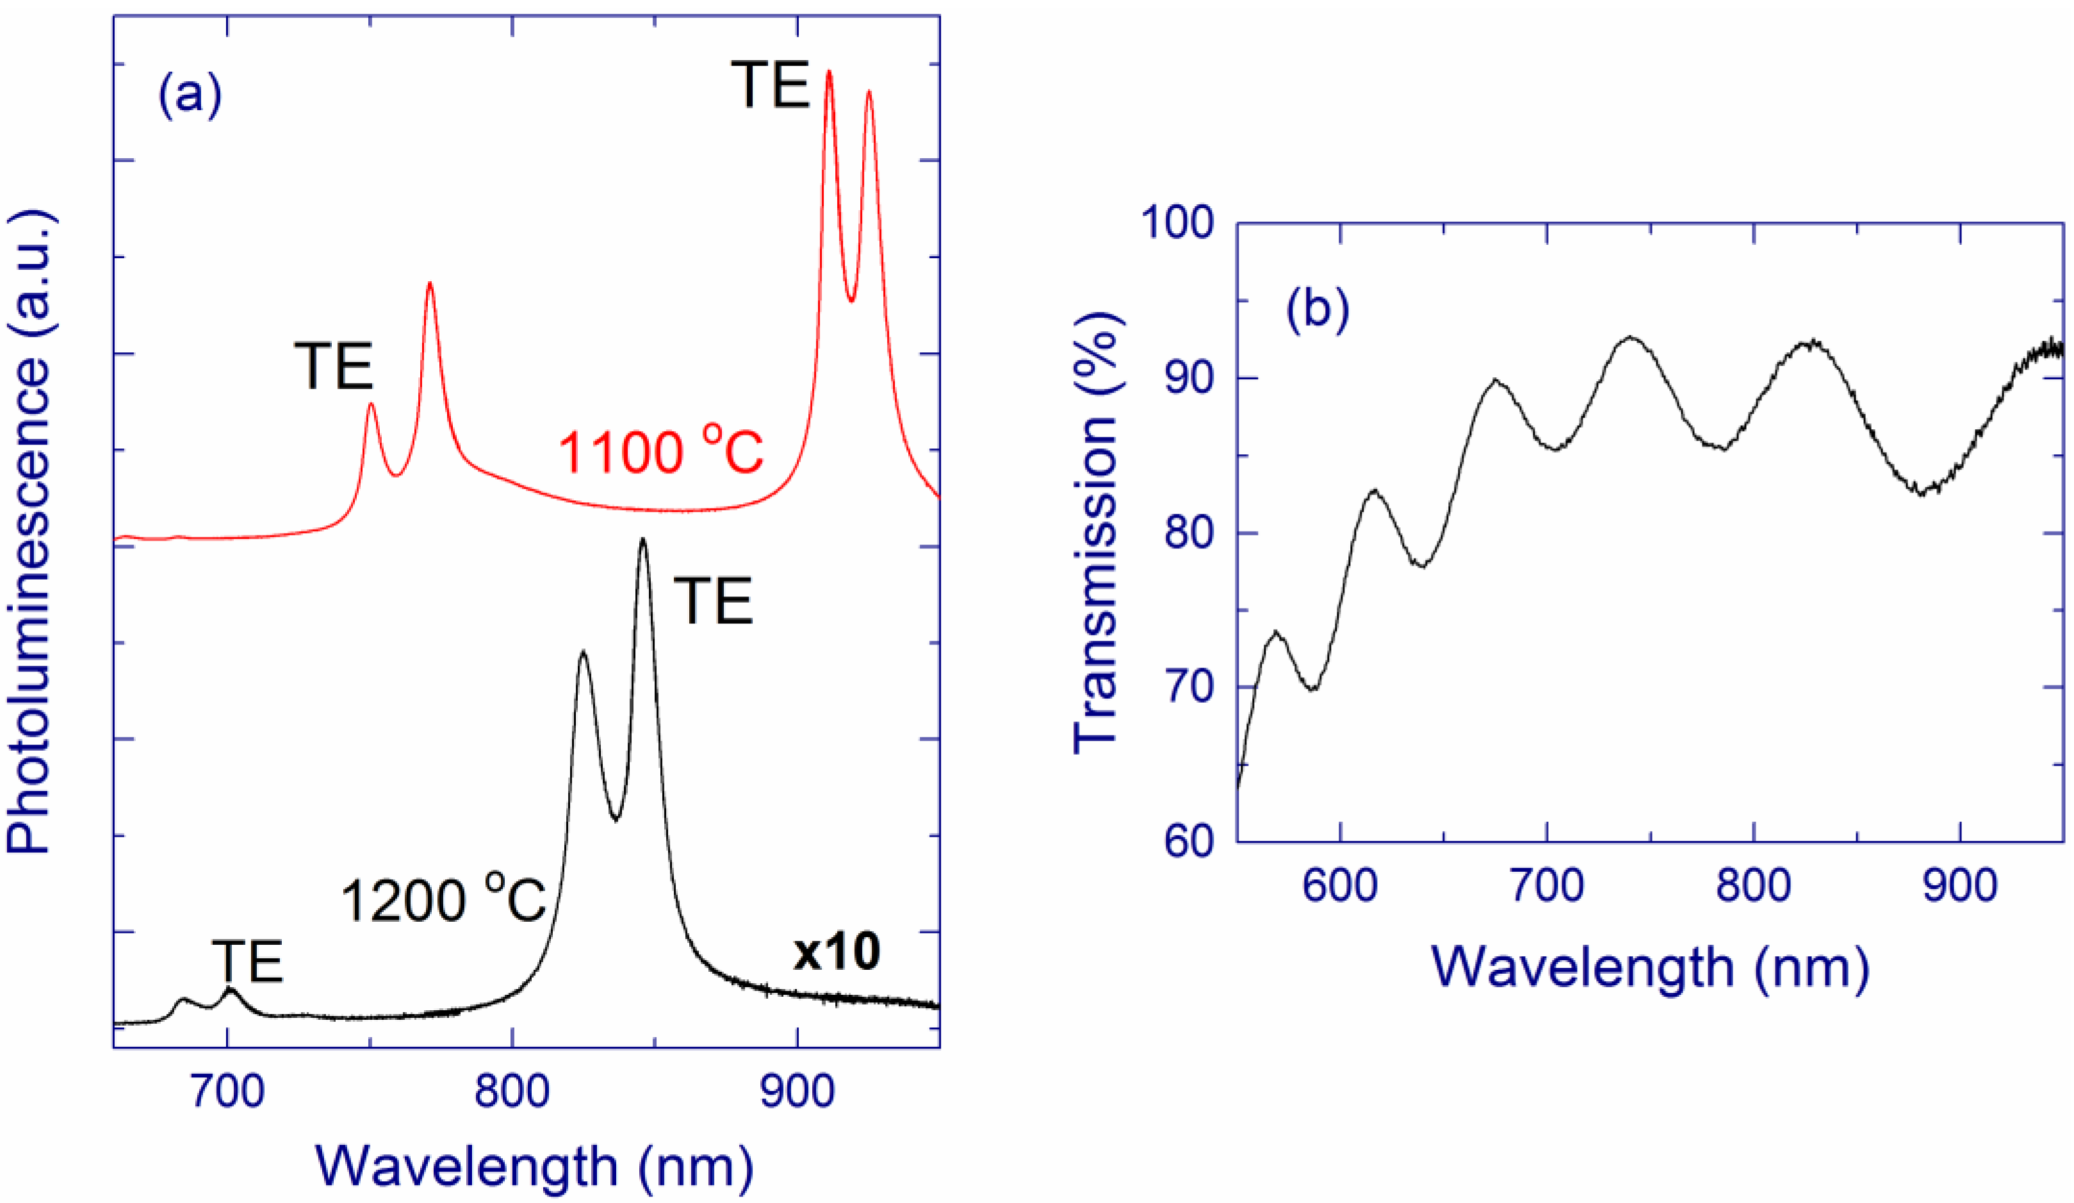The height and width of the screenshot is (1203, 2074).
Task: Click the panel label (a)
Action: click(190, 96)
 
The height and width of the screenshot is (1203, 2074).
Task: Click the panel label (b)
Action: click(1318, 310)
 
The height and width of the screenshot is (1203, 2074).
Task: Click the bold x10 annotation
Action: click(836, 952)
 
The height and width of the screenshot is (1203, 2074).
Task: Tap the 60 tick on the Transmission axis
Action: click(1188, 841)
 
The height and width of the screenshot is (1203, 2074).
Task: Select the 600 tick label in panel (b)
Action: click(1341, 886)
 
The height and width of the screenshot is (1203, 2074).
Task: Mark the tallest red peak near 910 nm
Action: click(829, 72)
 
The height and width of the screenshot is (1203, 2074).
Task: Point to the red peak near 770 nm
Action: click(429, 284)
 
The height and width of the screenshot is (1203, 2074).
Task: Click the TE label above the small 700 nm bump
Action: click(247, 961)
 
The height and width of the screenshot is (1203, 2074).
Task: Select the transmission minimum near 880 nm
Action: click(1922, 493)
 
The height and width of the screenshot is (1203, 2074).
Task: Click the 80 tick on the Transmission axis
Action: click(1188, 532)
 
